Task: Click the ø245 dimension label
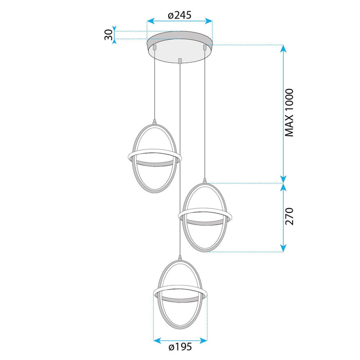tap(179, 15)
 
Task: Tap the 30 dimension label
tap(109, 35)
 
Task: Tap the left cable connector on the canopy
tap(155, 48)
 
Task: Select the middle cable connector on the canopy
tap(179, 61)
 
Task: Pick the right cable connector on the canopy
tap(205, 48)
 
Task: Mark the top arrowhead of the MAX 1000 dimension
tap(283, 48)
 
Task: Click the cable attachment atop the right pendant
tap(205, 181)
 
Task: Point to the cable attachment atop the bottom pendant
tap(179, 257)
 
